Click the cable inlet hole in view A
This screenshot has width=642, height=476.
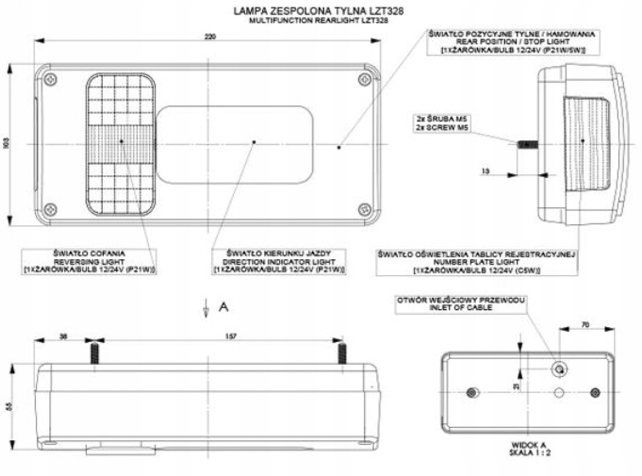tap(560, 368)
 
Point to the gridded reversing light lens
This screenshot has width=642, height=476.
tap(123, 142)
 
